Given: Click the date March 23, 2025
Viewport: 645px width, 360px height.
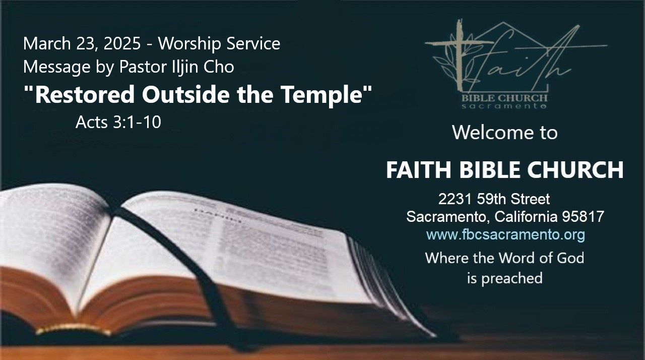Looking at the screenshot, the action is click(x=82, y=43).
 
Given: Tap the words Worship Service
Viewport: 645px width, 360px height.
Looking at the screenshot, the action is click(x=219, y=44).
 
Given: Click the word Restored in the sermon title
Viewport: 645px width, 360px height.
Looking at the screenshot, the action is click(x=85, y=94).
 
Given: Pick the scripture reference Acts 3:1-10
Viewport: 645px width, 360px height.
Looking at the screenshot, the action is click(x=118, y=122).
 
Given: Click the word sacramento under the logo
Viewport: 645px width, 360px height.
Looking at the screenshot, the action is click(x=504, y=106).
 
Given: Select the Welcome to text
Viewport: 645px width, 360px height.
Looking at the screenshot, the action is click(x=505, y=133).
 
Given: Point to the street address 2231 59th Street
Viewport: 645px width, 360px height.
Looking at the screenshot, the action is click(x=494, y=199).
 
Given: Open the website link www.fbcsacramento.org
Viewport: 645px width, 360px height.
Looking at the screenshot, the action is click(x=505, y=235).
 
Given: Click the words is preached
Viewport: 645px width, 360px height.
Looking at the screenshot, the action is click(x=505, y=278).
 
